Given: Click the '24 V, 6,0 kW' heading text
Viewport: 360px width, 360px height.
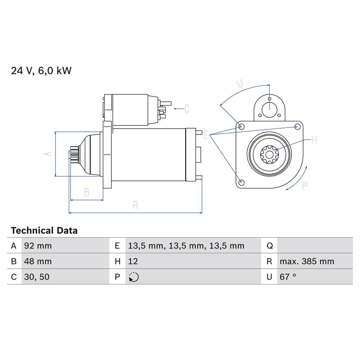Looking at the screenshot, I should pos(41,71).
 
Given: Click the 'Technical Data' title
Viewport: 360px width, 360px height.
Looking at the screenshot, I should pos(44,231).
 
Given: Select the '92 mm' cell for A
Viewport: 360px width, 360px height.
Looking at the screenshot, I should pos(38,246).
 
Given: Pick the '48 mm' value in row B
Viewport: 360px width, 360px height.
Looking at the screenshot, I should pos(38,261).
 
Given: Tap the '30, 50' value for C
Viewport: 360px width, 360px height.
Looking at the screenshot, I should pos(37,277).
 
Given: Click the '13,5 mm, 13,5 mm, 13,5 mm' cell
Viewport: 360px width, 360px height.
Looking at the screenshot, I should pos(186,246).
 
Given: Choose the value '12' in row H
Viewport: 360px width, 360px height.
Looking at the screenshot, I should pos(133,261).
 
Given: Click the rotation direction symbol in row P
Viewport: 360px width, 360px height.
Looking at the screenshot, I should pos(134,277).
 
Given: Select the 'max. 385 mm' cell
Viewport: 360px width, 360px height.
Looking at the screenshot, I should pos(307,261).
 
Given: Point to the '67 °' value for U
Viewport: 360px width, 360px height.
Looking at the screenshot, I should pos(288,277).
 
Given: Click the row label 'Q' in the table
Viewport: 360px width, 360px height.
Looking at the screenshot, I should pos(269,246).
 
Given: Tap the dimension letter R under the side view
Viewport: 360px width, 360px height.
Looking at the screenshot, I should pos(135,205).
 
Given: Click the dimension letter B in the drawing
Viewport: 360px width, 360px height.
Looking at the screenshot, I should pos(87,193).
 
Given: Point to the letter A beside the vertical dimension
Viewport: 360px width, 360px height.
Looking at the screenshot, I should pos(48,154).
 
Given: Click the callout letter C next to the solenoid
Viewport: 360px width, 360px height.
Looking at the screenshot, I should pos(187,109).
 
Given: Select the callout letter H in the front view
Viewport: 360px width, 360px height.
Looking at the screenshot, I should pos(314,140).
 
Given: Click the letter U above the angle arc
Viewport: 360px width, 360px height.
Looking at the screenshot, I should pos(240,83).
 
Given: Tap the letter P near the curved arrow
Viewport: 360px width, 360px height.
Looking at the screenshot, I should pos(304,186).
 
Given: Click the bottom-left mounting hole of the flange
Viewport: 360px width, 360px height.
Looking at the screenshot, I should pos(241,182).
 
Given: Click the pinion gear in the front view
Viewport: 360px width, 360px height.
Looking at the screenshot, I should pos(269,154).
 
